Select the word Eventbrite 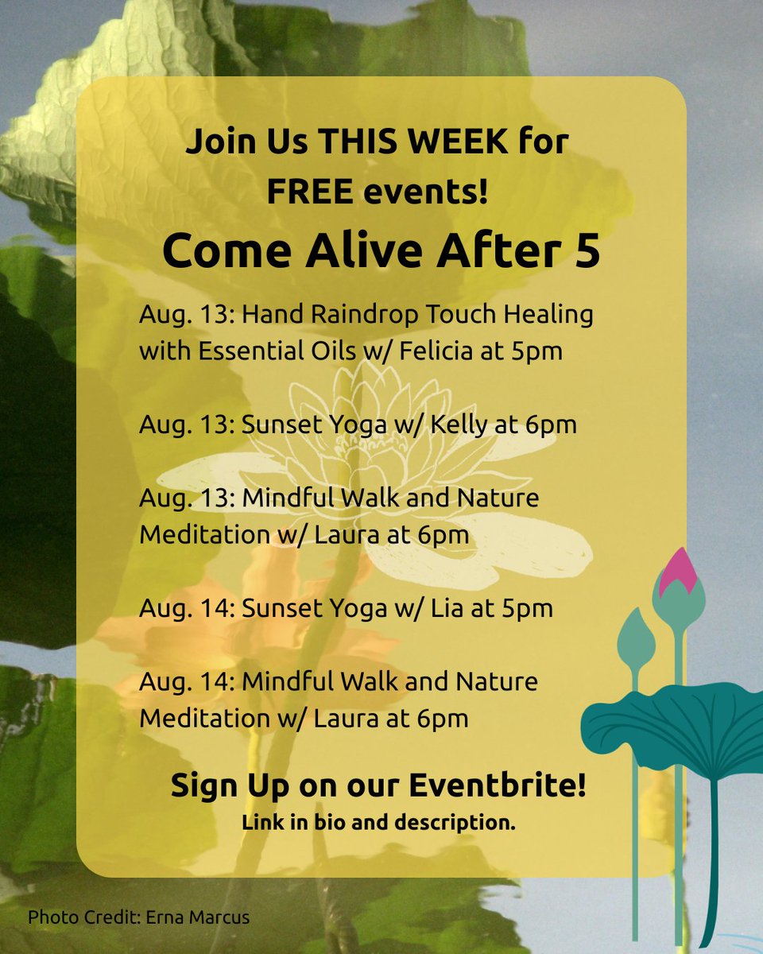[498, 786]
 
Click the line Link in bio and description [378, 823]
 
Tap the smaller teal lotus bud [635, 639]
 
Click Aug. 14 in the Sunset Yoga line [185, 609]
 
